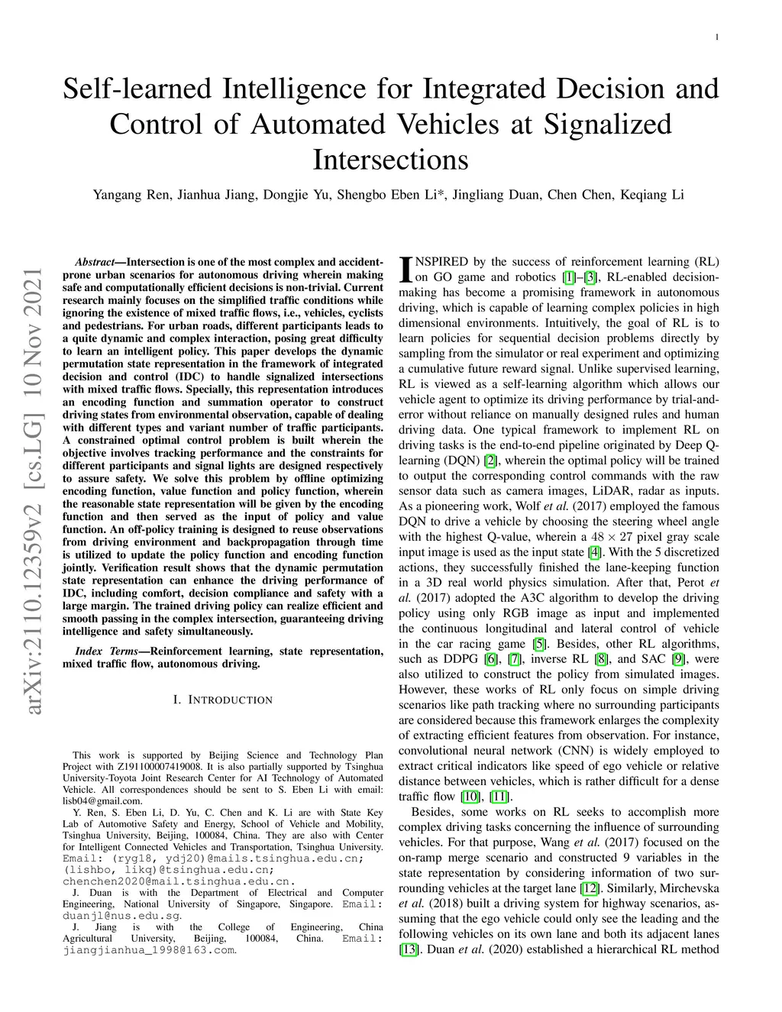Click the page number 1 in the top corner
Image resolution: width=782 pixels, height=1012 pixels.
(x=717, y=37)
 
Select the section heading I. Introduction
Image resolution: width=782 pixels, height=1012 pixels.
(x=222, y=700)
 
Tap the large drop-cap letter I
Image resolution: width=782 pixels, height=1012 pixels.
(x=406, y=268)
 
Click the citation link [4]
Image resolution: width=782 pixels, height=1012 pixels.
(x=594, y=552)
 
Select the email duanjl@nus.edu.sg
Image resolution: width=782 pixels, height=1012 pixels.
(x=121, y=915)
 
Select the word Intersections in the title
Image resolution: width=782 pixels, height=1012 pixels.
(x=390, y=160)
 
